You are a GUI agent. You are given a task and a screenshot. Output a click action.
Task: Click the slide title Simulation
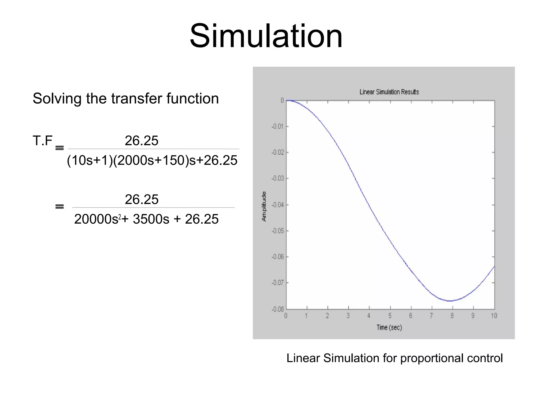(x=266, y=36)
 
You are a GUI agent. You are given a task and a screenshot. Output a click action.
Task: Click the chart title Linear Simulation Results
(x=389, y=92)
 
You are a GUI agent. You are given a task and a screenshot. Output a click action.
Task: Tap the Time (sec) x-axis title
(x=389, y=327)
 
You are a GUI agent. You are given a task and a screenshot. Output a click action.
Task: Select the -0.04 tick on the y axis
(x=277, y=205)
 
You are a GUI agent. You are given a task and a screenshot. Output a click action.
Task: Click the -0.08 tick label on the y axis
(x=277, y=309)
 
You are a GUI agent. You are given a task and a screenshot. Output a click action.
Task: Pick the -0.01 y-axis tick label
(x=277, y=126)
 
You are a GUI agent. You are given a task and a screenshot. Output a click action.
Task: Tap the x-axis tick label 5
(x=390, y=316)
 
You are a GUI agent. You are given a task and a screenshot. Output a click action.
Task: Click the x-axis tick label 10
(x=494, y=316)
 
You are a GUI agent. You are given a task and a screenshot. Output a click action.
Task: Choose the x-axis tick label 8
(x=452, y=316)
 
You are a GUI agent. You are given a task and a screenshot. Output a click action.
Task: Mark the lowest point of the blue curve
(x=450, y=301)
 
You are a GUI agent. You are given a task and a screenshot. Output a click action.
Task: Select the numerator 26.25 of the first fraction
(x=141, y=141)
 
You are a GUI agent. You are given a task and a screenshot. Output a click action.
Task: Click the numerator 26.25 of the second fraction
(x=141, y=199)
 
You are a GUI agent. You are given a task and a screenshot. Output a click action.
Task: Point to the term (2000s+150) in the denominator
(x=151, y=160)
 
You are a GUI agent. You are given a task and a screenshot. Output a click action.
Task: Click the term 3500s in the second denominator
(x=151, y=219)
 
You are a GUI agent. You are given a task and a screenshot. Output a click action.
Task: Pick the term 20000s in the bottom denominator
(x=96, y=219)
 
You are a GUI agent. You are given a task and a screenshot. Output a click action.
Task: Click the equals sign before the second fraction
(x=60, y=206)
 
